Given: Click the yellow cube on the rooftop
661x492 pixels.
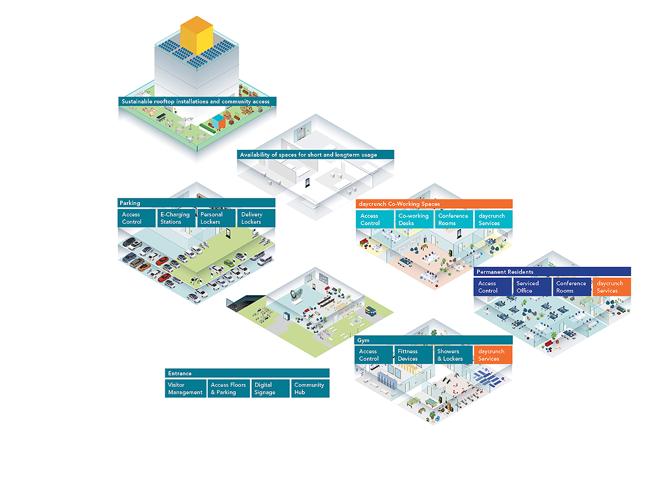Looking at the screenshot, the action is point(197,35).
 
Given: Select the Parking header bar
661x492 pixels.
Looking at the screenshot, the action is point(196,203).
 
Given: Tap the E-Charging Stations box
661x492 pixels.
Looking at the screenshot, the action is point(176,218).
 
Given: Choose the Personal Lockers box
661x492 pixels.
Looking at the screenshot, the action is point(216,218).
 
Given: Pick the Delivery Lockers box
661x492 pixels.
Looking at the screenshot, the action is point(256,218).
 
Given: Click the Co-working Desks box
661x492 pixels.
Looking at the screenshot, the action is point(414,219).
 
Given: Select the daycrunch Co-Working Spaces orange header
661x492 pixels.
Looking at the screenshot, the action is point(434,204).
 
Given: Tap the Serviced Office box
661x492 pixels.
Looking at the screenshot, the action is point(532,287).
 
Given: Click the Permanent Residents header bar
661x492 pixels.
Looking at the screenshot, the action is point(552,272).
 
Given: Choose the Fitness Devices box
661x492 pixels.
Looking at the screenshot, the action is point(413,355).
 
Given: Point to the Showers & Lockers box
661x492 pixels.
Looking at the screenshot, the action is point(453,355).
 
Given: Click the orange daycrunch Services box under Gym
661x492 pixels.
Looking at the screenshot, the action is point(493,355).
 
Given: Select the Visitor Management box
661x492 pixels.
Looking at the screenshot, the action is point(186,388).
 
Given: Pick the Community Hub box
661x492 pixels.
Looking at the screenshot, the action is point(310,388).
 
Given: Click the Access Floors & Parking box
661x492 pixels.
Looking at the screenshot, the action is point(229,388).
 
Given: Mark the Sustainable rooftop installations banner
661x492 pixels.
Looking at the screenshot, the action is point(197,101).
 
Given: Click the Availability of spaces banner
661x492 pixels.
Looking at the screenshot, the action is point(315,154).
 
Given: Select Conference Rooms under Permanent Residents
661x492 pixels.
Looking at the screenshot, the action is point(572,287).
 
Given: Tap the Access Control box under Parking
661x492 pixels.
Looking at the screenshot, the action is point(137,218).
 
